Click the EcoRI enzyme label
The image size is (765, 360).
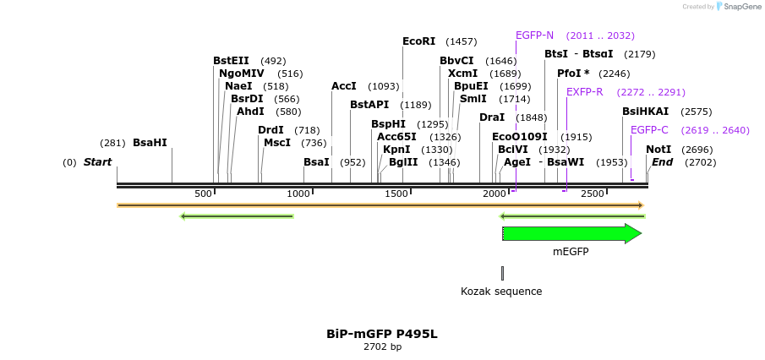click(418, 41)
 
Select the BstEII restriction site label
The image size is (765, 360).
click(231, 61)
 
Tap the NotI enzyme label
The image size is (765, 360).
click(658, 150)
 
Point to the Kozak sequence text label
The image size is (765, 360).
click(501, 292)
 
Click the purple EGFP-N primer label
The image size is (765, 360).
click(534, 35)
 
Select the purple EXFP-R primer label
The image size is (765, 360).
click(584, 92)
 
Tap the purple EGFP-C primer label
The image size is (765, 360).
click(649, 130)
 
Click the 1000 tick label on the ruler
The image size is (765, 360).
click(299, 194)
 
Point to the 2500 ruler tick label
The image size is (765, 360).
click(593, 194)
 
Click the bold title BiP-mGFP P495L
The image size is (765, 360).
click(382, 334)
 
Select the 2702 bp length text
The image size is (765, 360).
click(382, 347)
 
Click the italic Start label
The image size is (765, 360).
click(97, 162)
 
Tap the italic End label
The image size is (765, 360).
click(662, 162)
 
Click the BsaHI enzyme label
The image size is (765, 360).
click(150, 143)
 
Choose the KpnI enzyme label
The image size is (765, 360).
click(396, 150)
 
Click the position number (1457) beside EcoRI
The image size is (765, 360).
click(462, 41)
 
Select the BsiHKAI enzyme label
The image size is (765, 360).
click(645, 112)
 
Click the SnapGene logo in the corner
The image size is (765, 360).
click(737, 7)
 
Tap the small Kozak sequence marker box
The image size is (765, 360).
click(502, 273)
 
